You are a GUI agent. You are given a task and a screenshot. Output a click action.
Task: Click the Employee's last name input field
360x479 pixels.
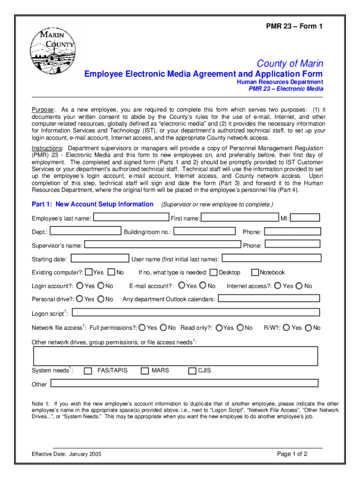pyautogui.click(x=131, y=218)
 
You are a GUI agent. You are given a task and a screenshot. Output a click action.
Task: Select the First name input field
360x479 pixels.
pyautogui.click(x=240, y=218)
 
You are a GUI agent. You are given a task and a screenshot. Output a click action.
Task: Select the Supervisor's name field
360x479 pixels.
pyautogui.click(x=163, y=245)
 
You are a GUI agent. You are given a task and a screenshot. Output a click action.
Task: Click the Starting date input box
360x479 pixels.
pyautogui.click(x=100, y=258)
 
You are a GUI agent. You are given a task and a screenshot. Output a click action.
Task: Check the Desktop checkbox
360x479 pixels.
pyautogui.click(x=214, y=272)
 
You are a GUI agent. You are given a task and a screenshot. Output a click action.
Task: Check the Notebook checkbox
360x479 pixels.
pyautogui.click(x=255, y=272)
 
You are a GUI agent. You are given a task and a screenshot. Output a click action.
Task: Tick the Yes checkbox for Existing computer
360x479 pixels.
pyautogui.click(x=89, y=272)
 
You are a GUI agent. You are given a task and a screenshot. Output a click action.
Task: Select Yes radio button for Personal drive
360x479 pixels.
pyautogui.click(x=79, y=299)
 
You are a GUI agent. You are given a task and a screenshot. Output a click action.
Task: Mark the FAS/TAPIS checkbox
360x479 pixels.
pyautogui.click(x=88, y=371)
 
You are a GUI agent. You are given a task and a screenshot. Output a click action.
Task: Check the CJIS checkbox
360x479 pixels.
pyautogui.click(x=192, y=371)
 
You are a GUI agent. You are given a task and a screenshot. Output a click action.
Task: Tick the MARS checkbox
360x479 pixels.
pyautogui.click(x=144, y=371)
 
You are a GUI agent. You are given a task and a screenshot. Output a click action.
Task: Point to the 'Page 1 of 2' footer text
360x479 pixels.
pyautogui.click(x=292, y=454)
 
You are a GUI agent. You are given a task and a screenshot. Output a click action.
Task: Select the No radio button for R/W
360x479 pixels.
pyautogui.click(x=308, y=328)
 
